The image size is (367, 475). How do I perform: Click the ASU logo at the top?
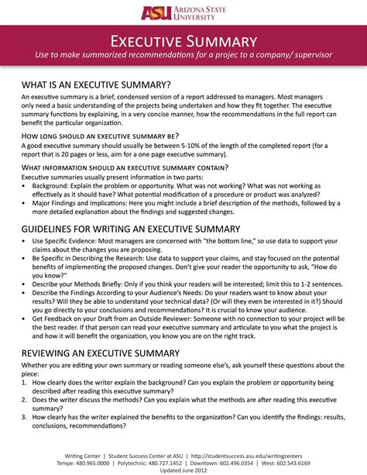(183, 12)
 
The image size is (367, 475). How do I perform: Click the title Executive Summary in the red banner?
(183, 40)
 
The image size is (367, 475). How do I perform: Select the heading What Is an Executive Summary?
(96, 84)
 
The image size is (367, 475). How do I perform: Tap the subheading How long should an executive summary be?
(100, 134)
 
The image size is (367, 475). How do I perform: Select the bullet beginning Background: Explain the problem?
(155, 187)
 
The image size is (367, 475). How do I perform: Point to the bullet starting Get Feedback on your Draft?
(155, 318)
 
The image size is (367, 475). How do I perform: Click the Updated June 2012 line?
(183, 470)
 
